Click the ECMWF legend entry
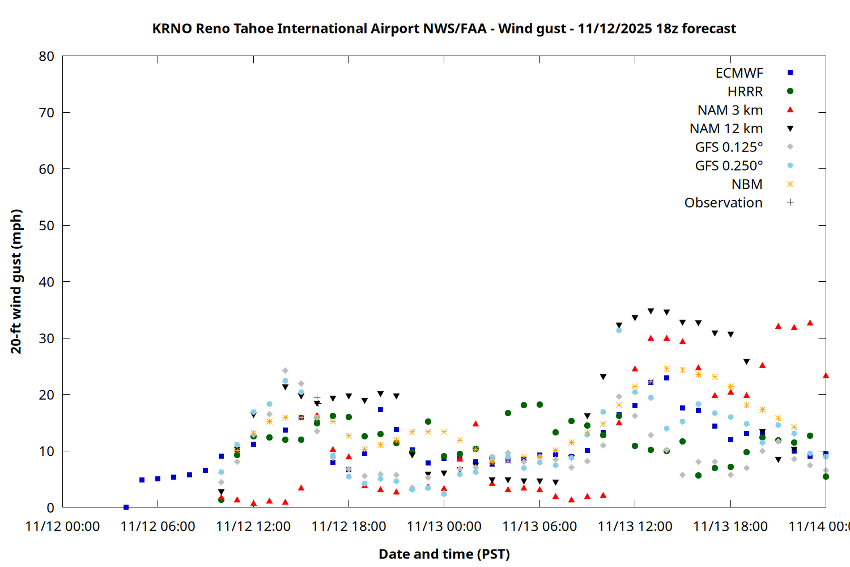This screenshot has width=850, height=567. [739, 73]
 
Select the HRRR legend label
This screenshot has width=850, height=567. [745, 92]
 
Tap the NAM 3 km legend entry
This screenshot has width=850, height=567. [730, 110]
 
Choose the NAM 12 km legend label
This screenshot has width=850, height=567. [726, 129]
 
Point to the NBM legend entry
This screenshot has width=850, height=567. [747, 184]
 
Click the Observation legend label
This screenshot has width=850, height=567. [723, 203]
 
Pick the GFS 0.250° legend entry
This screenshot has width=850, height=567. [729, 166]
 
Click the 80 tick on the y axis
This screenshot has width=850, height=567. [46, 56]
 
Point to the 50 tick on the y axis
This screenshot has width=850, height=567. [46, 226]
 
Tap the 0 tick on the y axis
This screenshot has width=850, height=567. [50, 507]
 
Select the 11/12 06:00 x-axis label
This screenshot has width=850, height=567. [158, 527]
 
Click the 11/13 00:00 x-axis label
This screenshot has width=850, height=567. [444, 527]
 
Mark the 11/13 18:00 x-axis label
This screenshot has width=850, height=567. [730, 527]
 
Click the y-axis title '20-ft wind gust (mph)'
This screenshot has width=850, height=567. [16, 281]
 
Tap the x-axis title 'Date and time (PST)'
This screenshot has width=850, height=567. [444, 555]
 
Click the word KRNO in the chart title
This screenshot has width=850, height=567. [172, 29]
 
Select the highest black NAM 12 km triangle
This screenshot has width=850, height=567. [651, 311]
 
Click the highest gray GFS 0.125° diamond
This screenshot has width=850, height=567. [285, 371]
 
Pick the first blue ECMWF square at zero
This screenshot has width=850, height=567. [126, 507]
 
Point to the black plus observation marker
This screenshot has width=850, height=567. [317, 398]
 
